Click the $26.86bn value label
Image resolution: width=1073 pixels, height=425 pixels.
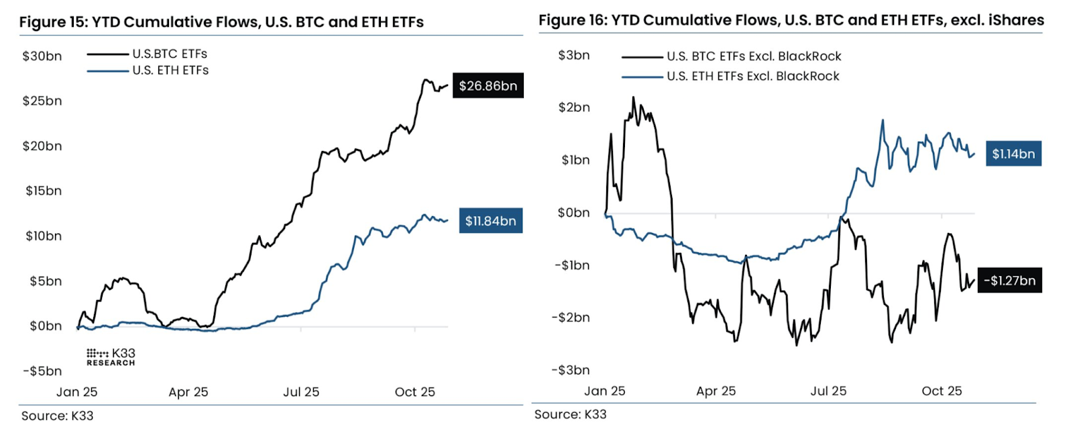click(x=488, y=86)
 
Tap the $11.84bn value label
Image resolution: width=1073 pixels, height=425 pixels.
click(x=490, y=221)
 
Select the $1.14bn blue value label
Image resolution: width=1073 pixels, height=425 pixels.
click(x=1013, y=154)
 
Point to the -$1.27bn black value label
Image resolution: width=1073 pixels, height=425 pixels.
click(x=1009, y=281)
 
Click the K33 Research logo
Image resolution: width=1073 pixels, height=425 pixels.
click(x=111, y=357)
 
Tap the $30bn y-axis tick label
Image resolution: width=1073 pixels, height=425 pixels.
click(x=42, y=56)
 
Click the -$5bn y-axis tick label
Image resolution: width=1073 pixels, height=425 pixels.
click(x=42, y=371)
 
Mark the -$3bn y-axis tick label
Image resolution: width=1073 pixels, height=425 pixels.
click(x=570, y=370)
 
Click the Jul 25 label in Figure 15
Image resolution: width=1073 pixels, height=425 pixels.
click(x=301, y=392)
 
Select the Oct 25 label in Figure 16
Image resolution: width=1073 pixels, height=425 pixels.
click(x=942, y=391)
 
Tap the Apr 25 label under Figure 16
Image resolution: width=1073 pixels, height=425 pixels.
click(x=716, y=391)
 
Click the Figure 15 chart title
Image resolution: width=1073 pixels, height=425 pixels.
click(x=221, y=22)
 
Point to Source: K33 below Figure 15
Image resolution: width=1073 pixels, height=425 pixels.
click(x=57, y=416)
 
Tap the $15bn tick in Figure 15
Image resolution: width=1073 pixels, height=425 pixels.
click(x=43, y=191)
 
